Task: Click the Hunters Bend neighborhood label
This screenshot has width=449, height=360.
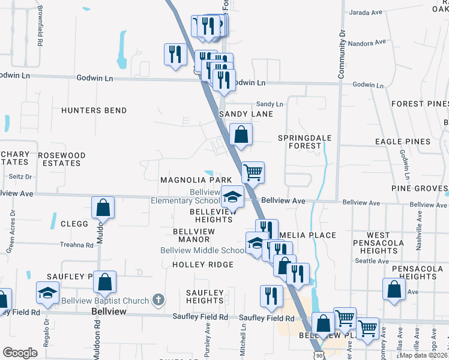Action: click(x=94, y=110)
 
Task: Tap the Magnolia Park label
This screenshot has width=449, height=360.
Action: click(x=196, y=180)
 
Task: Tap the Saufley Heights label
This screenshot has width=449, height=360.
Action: click(x=205, y=296)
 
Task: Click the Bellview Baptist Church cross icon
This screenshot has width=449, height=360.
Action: click(x=158, y=299)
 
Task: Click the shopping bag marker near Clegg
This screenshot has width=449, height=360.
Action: click(x=103, y=207)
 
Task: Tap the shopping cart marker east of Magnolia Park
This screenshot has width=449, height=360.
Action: click(x=253, y=172)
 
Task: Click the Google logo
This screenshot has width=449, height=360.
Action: click(x=20, y=353)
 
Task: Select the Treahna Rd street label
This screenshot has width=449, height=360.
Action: click(x=77, y=245)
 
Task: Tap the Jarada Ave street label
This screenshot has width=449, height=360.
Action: click(x=365, y=12)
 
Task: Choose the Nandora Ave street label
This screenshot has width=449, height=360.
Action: click(x=367, y=43)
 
